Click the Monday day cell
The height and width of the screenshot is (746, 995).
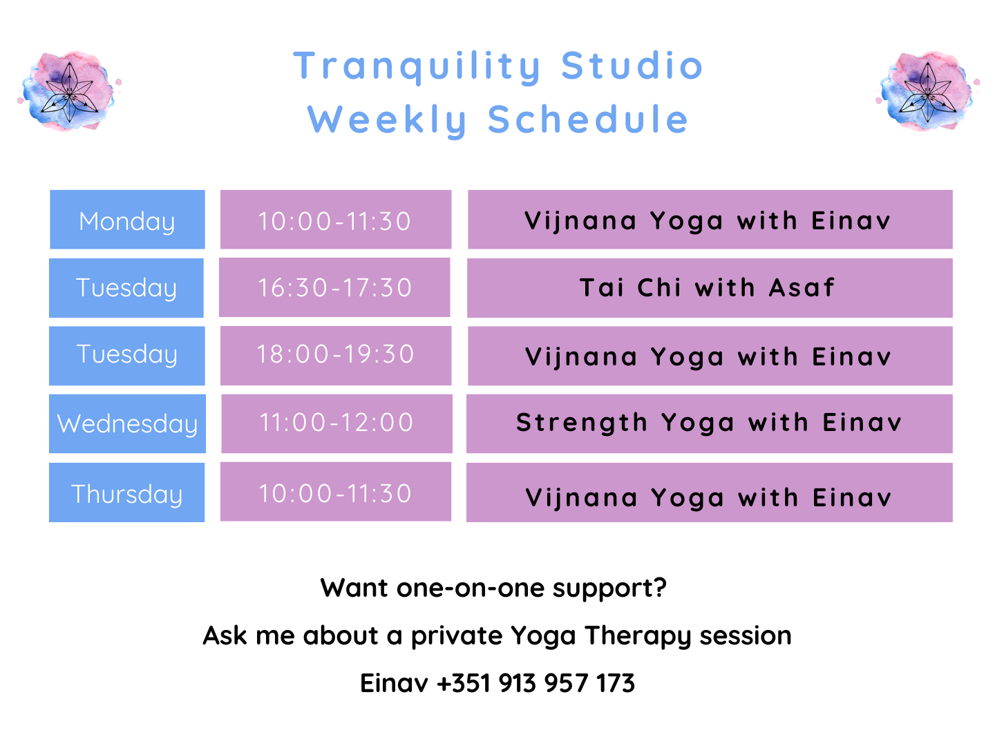click(x=127, y=219)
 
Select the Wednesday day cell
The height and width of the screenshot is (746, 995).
click(x=127, y=423)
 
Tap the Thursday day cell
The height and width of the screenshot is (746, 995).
click(x=126, y=492)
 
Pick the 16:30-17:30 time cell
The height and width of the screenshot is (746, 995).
click(x=334, y=287)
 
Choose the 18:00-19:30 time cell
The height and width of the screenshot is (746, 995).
click(x=336, y=356)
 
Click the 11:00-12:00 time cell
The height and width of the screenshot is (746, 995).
click(x=337, y=423)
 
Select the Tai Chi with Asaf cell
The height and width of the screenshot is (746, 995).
click(x=710, y=287)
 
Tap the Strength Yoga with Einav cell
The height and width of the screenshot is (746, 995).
click(x=710, y=423)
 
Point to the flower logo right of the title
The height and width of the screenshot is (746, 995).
click(x=927, y=91)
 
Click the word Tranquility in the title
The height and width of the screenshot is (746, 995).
click(x=417, y=67)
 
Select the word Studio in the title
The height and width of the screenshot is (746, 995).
click(x=632, y=65)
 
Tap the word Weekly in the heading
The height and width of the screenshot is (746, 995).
click(x=387, y=120)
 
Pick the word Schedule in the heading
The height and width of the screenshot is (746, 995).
click(x=588, y=119)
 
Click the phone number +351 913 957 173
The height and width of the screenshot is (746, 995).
click(x=536, y=682)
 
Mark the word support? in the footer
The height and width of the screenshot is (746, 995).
click(x=609, y=589)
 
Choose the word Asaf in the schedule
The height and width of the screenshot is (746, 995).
click(x=802, y=287)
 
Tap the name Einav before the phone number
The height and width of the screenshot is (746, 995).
click(x=393, y=682)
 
